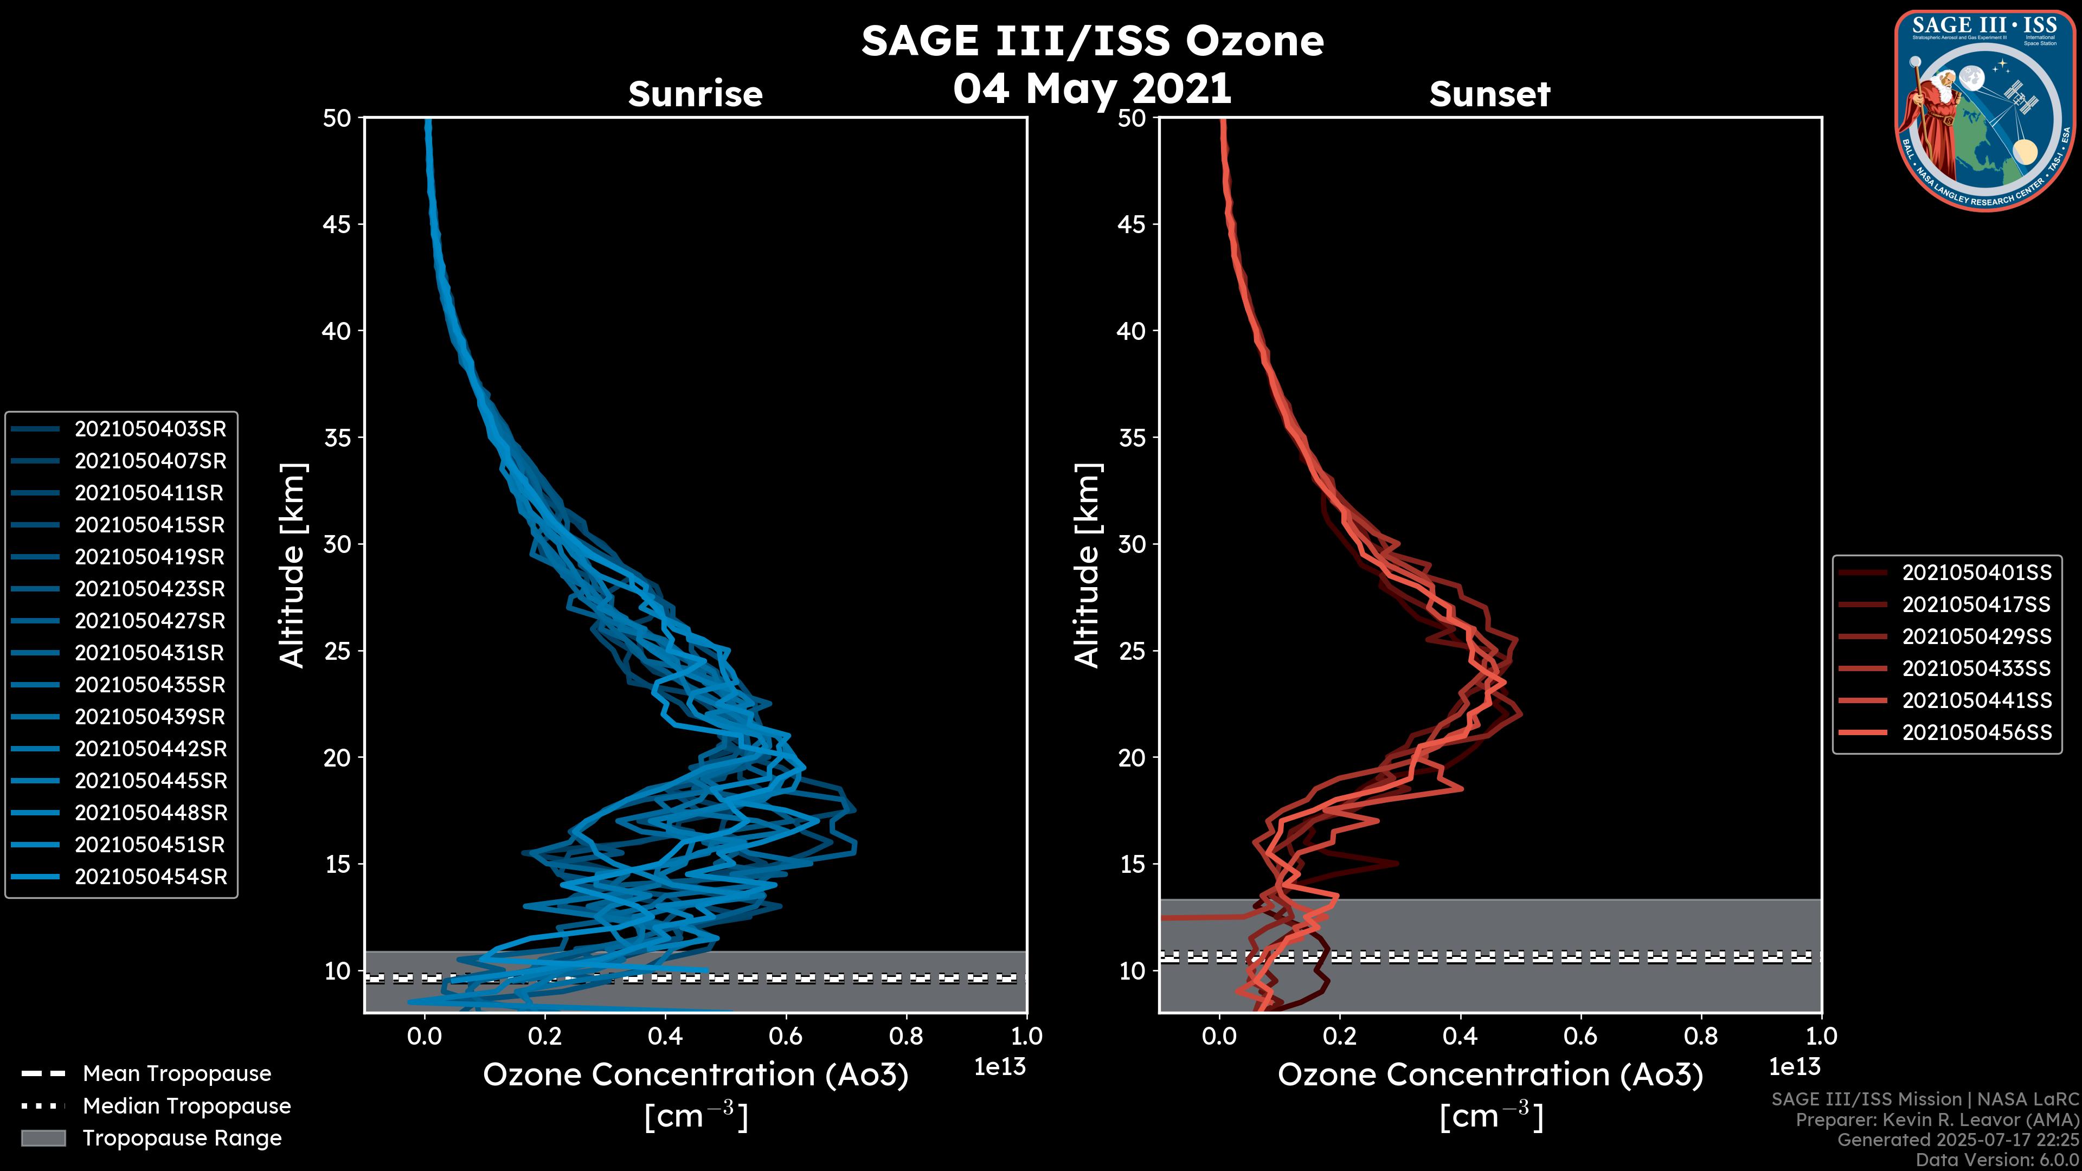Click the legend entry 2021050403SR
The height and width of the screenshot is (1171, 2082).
click(150, 429)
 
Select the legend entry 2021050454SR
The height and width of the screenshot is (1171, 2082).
click(150, 877)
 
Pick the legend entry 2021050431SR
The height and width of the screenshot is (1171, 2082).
click(150, 653)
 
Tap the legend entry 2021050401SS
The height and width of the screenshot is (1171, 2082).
click(1976, 573)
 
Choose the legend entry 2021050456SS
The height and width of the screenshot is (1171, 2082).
click(1976, 733)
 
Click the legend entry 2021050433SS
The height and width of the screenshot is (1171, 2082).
click(1976, 669)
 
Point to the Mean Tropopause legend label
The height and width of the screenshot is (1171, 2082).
click(177, 1074)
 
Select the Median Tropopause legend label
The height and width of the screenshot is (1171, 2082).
click(187, 1106)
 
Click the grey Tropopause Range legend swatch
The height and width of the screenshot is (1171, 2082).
click(43, 1138)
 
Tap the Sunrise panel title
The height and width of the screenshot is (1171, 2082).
click(695, 94)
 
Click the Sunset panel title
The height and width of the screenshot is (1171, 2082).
click(1489, 94)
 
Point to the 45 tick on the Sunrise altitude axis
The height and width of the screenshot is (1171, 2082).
click(337, 224)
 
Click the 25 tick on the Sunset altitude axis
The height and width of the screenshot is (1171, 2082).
click(1132, 651)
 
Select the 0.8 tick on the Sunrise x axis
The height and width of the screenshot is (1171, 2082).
click(906, 1036)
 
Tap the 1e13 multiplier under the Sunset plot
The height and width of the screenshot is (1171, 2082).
click(1794, 1067)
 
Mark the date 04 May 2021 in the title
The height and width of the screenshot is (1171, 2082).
click(1092, 89)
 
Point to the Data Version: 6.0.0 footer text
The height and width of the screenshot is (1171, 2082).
click(1998, 1161)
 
